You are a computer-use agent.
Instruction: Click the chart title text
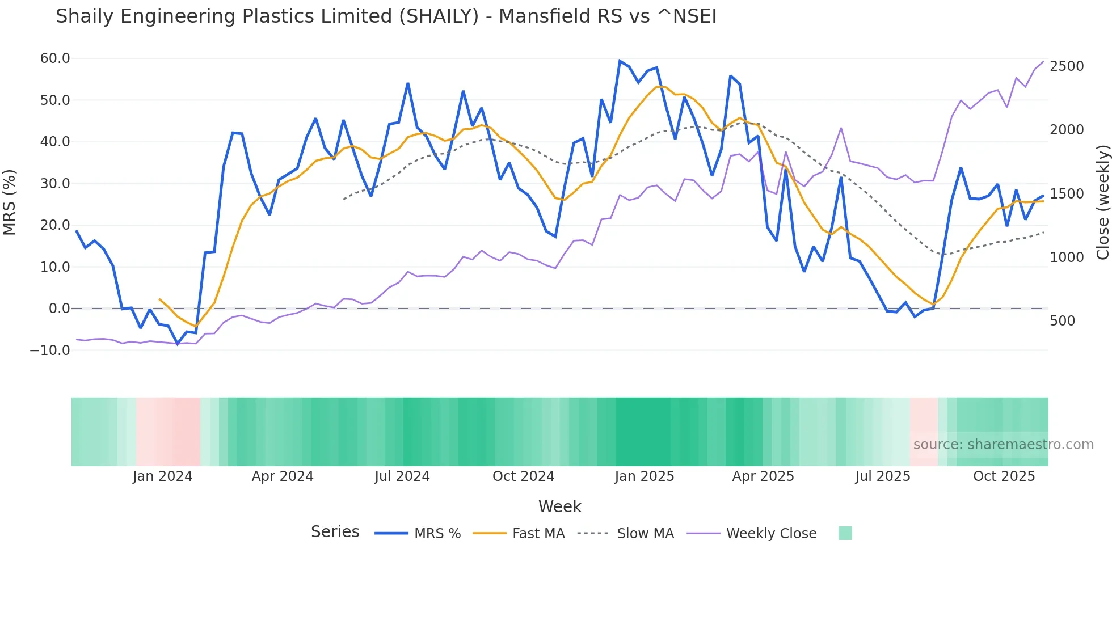click(x=386, y=16)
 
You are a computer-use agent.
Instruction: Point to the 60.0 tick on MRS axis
click(x=55, y=58)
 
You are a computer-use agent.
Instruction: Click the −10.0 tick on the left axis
click(x=50, y=350)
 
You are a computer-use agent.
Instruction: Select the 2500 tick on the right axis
click(x=1067, y=66)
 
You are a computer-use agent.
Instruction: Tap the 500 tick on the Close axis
click(x=1063, y=321)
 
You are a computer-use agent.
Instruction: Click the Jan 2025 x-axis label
click(x=644, y=476)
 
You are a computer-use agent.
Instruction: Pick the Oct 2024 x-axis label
click(x=523, y=476)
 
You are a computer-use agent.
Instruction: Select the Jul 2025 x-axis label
click(x=882, y=476)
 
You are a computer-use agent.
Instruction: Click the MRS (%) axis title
click(x=10, y=202)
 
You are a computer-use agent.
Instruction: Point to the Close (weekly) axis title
click(x=1102, y=202)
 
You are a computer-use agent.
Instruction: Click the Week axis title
click(x=559, y=506)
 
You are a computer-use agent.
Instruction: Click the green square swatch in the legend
click(x=845, y=533)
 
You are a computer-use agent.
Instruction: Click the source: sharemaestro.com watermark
click(x=1003, y=445)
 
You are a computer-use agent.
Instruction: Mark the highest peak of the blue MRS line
click(x=620, y=61)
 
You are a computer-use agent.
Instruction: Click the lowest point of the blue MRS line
click(x=178, y=344)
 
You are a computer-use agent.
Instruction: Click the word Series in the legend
click(x=335, y=532)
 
